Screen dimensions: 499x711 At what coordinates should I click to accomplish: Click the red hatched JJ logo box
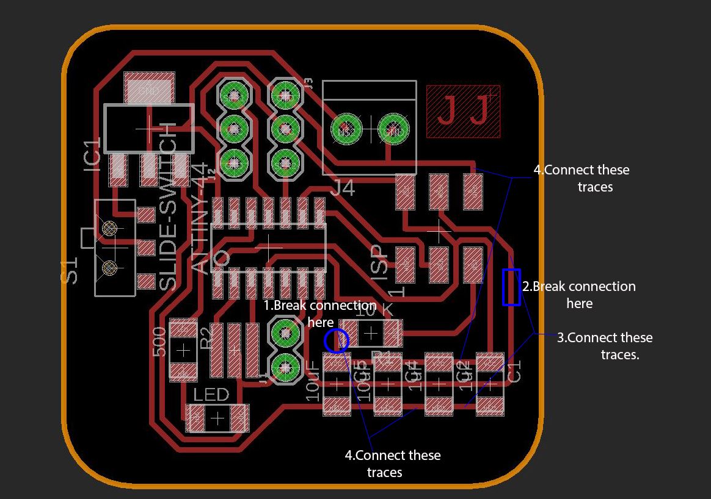463,111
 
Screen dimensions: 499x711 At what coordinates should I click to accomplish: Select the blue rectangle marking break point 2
511,287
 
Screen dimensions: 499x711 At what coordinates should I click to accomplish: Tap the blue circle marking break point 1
335,340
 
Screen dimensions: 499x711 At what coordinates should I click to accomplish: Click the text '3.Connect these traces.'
604,346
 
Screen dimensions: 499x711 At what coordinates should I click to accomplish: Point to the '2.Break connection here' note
578,295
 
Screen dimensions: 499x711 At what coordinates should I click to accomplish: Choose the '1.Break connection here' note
319,313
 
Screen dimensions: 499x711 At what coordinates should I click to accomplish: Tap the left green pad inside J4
346,129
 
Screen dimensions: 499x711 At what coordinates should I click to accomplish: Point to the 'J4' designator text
342,188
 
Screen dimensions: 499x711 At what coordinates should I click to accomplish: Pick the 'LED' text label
211,395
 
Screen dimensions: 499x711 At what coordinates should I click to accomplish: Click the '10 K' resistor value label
374,311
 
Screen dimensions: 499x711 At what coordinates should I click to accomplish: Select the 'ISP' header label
379,262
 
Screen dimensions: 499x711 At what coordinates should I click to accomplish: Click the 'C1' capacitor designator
514,371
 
